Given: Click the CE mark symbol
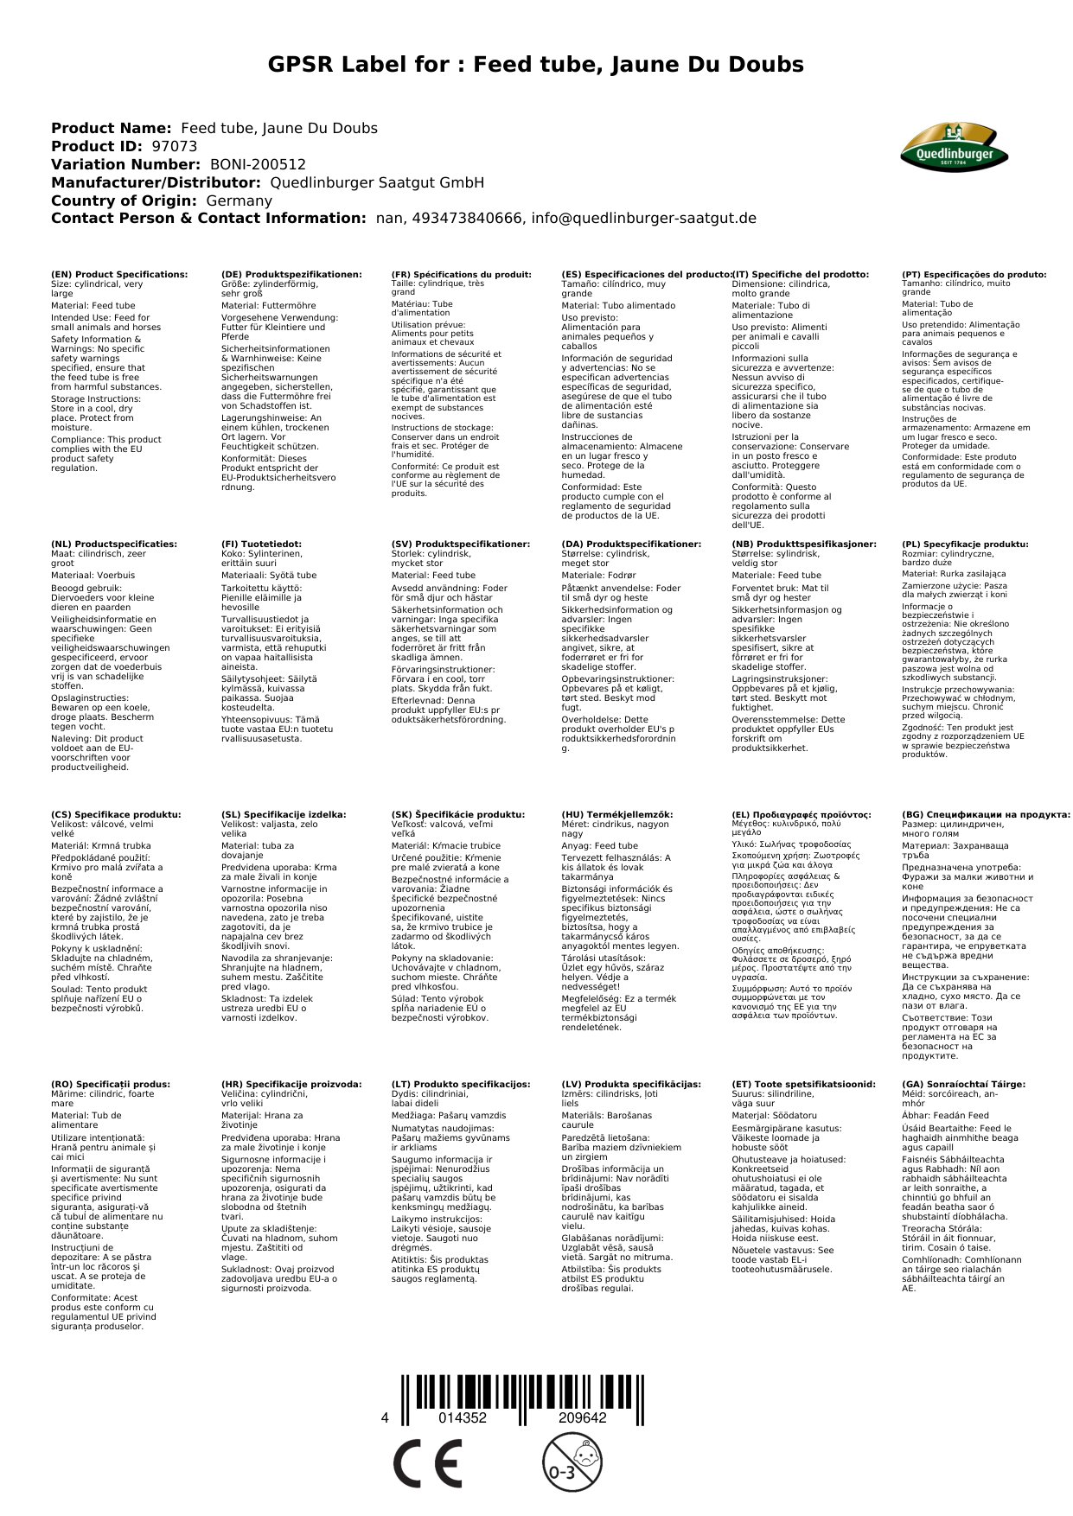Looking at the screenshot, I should tap(427, 1464).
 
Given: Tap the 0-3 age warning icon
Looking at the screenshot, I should tap(572, 1462).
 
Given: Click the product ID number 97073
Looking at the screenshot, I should tap(174, 147).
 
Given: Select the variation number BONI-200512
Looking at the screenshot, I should tap(258, 164).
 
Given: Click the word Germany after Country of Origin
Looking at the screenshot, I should tap(239, 201).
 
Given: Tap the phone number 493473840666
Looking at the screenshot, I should tap(466, 219).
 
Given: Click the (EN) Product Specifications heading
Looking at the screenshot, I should tap(119, 275).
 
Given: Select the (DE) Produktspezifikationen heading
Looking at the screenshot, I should tap(291, 275).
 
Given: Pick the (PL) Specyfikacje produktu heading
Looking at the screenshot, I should tap(965, 545).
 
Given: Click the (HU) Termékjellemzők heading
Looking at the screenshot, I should tap(616, 814).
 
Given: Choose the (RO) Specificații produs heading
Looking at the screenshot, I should tap(111, 1084).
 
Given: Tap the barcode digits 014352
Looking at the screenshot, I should tap(463, 1418).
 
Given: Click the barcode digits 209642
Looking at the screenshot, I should tap(582, 1418).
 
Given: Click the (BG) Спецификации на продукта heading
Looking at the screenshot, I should tap(986, 814).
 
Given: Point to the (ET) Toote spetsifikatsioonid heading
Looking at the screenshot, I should tap(803, 1084).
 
